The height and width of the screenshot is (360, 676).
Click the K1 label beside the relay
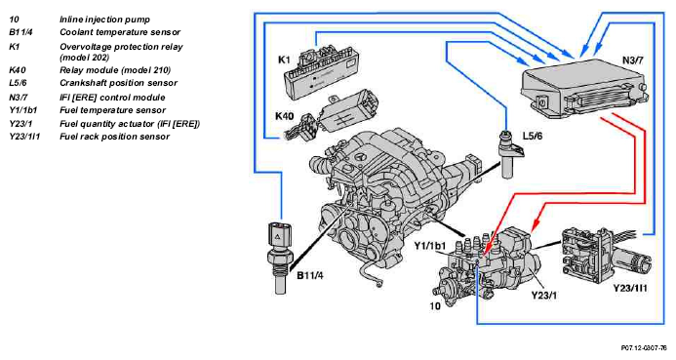click(x=284, y=60)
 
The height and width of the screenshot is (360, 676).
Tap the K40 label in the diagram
click(x=284, y=116)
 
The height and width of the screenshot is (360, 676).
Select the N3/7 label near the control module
click(x=632, y=60)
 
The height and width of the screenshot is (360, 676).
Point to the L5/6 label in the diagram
click(x=533, y=137)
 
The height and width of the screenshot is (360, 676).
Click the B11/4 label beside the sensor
click(x=309, y=275)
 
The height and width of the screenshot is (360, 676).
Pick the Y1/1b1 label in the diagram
click(x=430, y=246)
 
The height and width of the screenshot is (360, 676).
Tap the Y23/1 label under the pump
click(x=543, y=296)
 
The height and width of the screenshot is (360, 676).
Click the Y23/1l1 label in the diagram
click(x=630, y=288)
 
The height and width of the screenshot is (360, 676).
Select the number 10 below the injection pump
click(x=435, y=306)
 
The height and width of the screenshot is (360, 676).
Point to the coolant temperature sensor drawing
click(x=279, y=258)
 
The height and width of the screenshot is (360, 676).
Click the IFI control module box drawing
click(x=584, y=89)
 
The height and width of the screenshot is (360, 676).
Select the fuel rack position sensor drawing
click(x=604, y=255)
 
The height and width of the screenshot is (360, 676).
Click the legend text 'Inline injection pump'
click(x=104, y=20)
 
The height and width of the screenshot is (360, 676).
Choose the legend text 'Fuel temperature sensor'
click(x=112, y=110)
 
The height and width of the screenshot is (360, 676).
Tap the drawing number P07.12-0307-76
click(x=644, y=347)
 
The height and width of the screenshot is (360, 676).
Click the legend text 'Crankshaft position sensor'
click(x=119, y=83)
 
